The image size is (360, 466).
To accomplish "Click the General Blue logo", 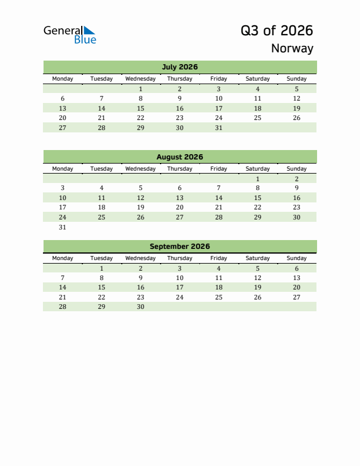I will point(69,35).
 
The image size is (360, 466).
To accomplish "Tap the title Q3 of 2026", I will point(276,31).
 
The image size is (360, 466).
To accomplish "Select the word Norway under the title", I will point(292,48).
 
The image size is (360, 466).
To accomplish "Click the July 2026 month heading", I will point(179,67).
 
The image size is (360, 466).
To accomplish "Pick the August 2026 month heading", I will point(179,157).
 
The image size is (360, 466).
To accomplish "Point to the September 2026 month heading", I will point(179,247).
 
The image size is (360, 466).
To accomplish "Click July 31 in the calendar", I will point(219,128).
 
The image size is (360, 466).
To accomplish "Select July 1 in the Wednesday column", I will point(141,89).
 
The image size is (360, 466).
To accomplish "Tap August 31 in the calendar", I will point(63,227).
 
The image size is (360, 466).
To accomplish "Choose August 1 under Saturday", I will point(258,179).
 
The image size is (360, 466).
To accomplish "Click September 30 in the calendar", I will point(141,307).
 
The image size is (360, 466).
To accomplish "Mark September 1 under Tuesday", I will point(102,268).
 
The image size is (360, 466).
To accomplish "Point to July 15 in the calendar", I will point(141,108).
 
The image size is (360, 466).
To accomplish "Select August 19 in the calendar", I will point(141,208).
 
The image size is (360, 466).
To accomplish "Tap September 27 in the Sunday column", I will point(296,297).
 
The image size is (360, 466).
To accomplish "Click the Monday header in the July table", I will point(63,79).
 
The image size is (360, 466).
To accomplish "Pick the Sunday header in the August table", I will point(296,169).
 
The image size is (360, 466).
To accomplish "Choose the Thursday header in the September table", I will point(179,258).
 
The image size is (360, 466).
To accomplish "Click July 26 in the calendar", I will point(296,118).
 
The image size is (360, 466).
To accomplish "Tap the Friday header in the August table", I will point(219,169).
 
